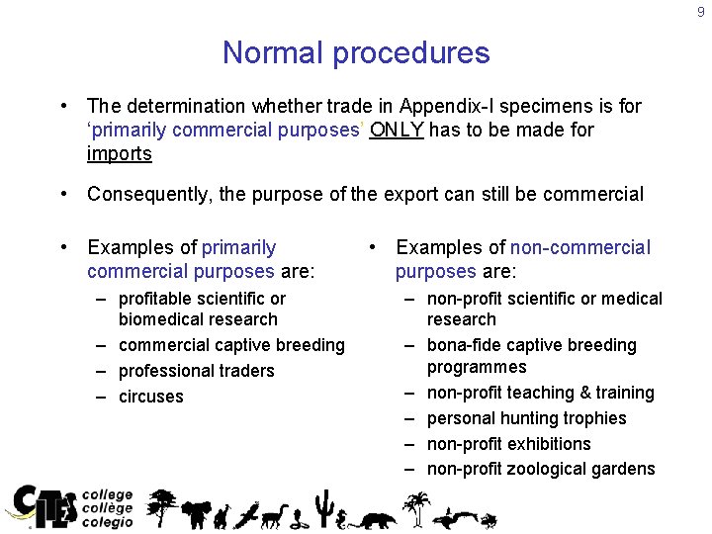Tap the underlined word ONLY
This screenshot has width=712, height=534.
(x=397, y=130)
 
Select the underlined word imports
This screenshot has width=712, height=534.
(x=120, y=154)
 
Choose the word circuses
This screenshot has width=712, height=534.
(x=151, y=397)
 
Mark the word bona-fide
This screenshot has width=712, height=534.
(x=465, y=345)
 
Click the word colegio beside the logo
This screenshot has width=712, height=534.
(x=107, y=522)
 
